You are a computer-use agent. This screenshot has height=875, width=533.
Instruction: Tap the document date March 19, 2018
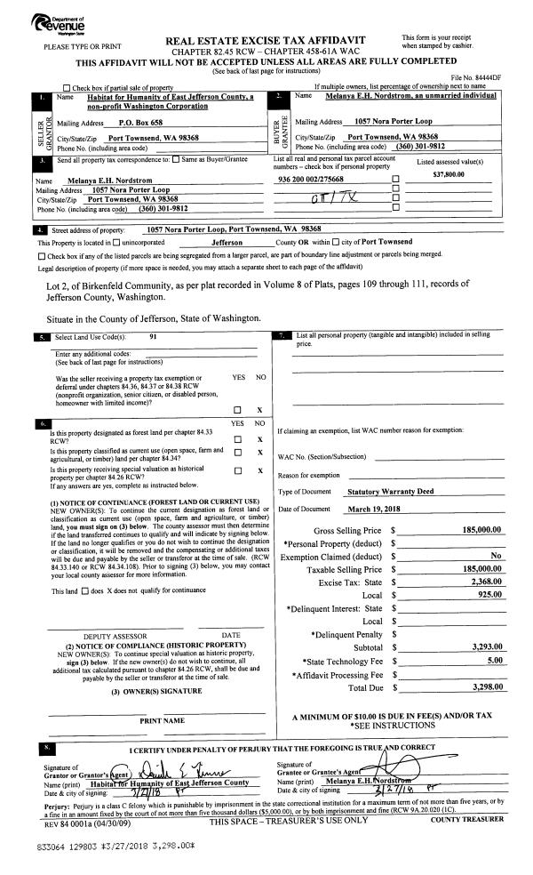(370, 509)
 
